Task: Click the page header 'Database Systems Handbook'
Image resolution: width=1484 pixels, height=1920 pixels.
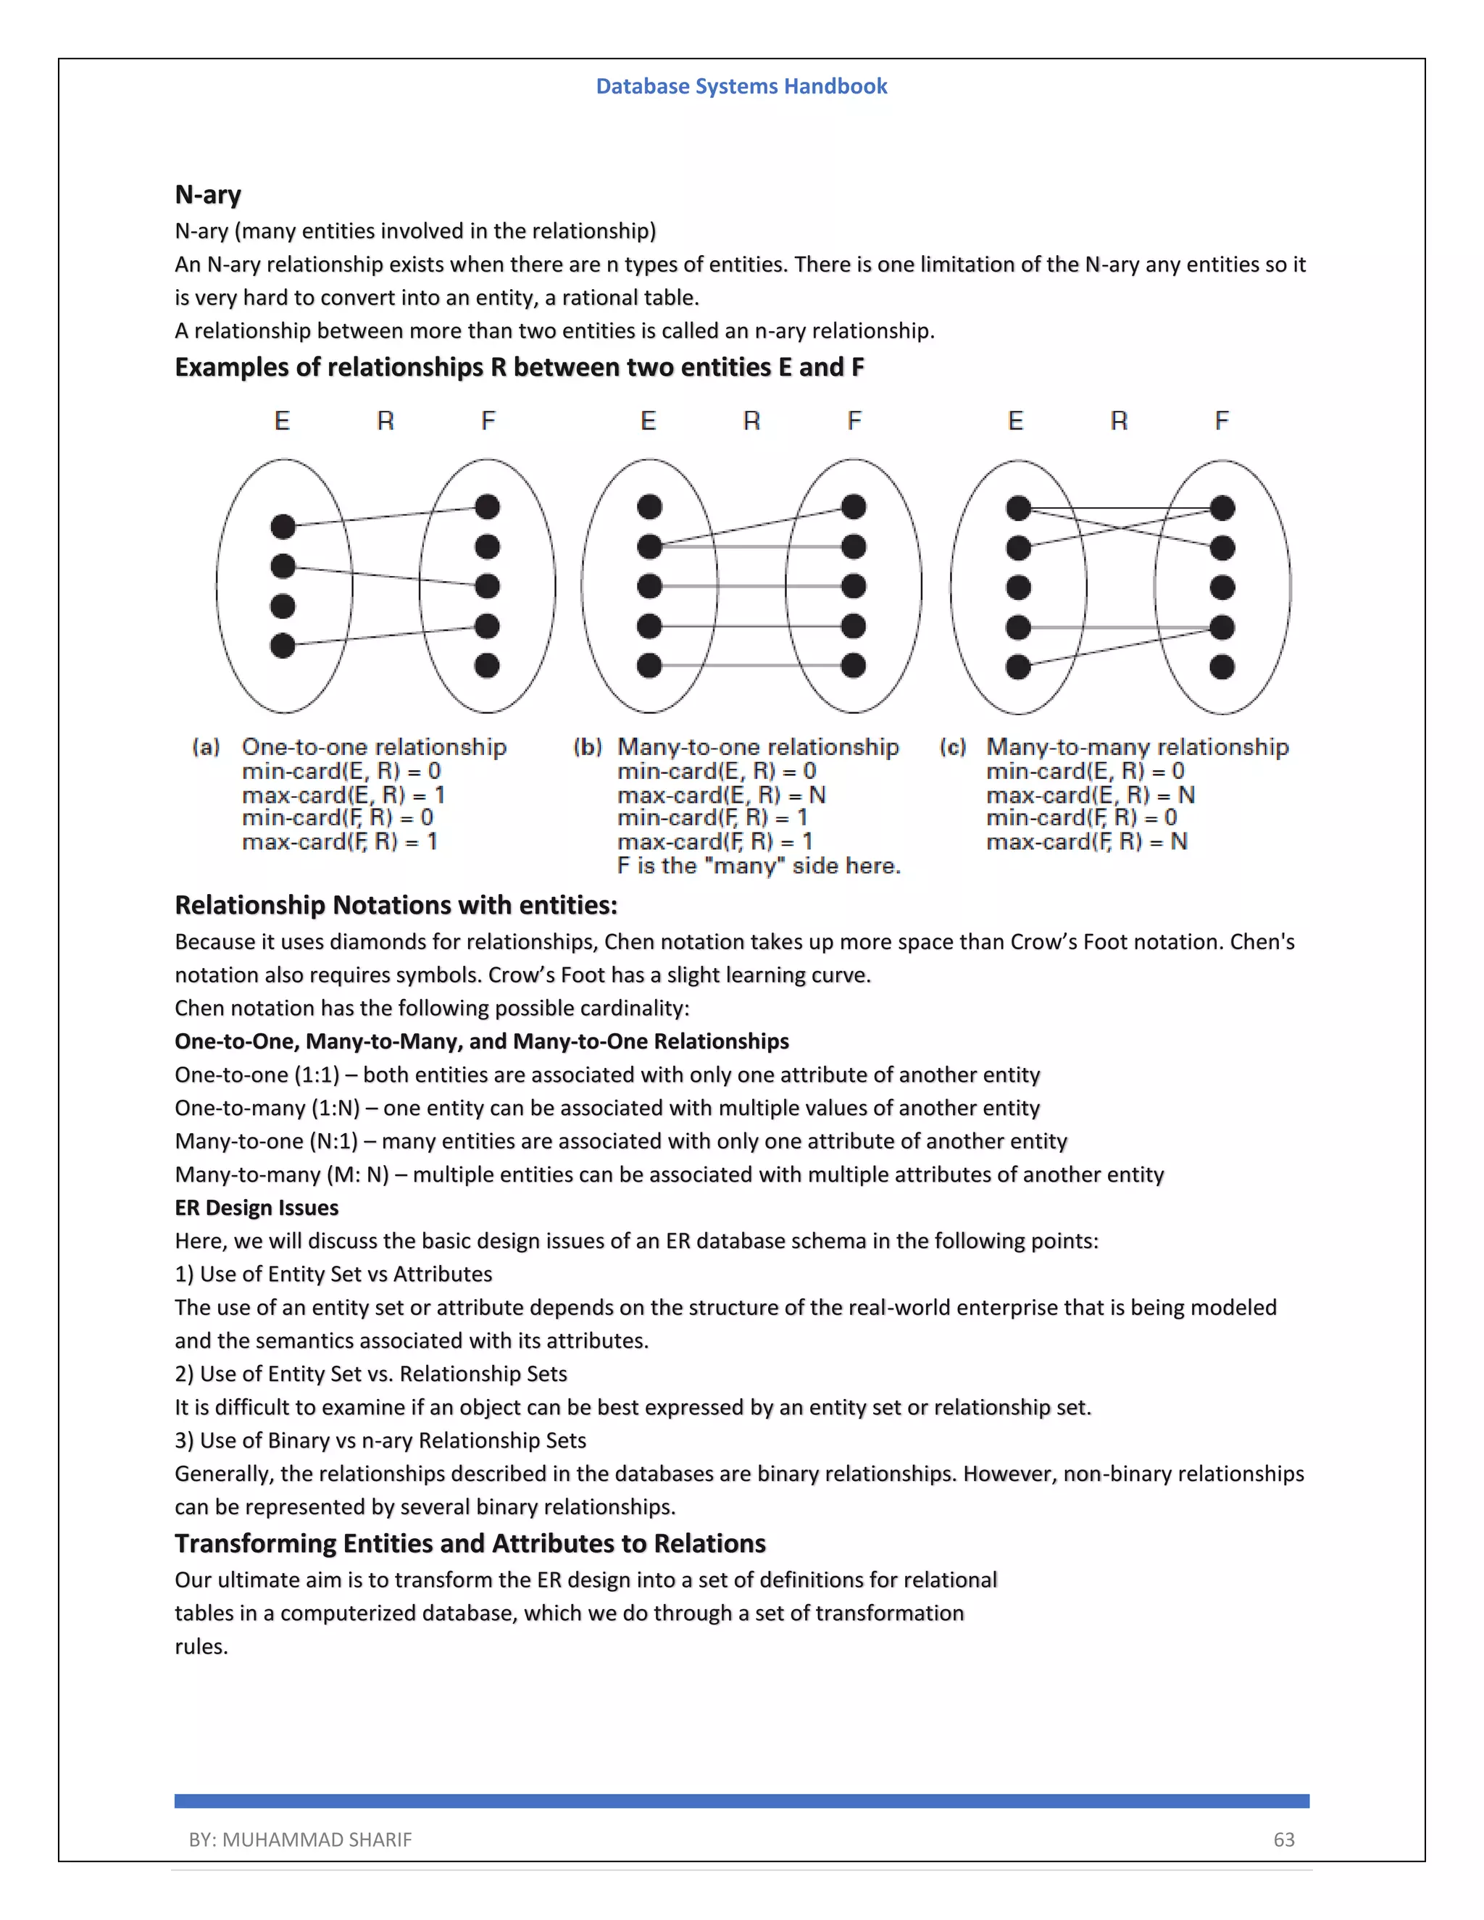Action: click(741, 86)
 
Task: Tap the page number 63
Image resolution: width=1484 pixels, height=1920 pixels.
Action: click(1283, 1839)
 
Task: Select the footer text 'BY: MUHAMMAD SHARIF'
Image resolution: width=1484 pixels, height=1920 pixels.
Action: click(300, 1839)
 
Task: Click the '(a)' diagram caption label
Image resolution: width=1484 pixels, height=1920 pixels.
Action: click(206, 747)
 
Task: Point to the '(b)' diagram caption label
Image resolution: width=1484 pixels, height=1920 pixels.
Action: click(587, 747)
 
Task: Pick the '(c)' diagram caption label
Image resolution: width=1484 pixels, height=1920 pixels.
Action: click(953, 747)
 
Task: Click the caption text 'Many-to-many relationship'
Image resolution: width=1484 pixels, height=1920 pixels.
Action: click(1137, 747)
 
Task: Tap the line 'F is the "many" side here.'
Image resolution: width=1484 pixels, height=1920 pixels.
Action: click(759, 866)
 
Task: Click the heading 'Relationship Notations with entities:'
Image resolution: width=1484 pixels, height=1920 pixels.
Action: click(396, 905)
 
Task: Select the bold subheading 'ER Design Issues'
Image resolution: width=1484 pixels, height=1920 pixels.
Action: click(256, 1207)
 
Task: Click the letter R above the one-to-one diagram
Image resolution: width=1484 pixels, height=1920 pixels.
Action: click(385, 421)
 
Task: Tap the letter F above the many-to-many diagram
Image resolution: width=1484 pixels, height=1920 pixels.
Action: click(1221, 421)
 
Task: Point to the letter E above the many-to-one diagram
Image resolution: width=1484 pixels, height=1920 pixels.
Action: click(648, 421)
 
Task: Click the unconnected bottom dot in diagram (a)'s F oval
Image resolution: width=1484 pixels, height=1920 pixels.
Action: click(487, 666)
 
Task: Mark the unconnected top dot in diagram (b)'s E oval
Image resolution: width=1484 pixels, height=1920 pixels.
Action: click(649, 507)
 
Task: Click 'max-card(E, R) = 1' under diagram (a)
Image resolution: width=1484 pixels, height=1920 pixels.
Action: click(343, 795)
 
